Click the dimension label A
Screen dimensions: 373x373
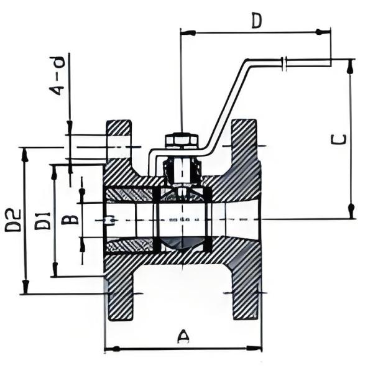tap(183, 336)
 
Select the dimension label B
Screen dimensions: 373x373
tap(72, 219)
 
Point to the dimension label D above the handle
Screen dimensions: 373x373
tap(256, 21)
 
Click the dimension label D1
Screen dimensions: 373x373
tap(42, 221)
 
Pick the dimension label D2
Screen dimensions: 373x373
tap(14, 221)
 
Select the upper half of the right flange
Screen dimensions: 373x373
tap(246, 149)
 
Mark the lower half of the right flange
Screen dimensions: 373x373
tap(246, 292)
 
